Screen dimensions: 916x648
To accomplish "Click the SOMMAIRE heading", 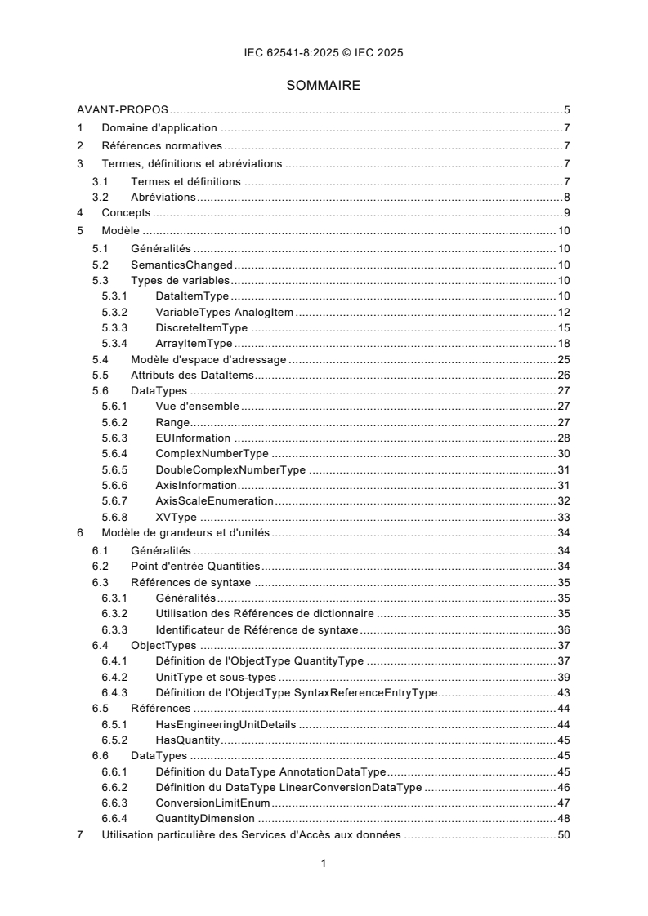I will [x=324, y=85].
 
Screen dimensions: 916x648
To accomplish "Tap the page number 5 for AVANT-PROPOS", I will [x=566, y=110].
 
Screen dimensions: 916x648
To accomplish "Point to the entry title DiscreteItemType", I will [x=201, y=327].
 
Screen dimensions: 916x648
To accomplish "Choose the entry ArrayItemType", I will [x=194, y=344].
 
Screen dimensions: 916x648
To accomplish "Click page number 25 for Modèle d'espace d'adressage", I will [x=563, y=359].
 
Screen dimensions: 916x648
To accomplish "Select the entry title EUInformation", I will [x=193, y=438].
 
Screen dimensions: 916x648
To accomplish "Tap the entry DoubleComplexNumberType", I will [x=230, y=469].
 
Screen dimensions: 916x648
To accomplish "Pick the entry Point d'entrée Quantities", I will [x=195, y=566].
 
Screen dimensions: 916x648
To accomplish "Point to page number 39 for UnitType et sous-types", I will [x=563, y=677].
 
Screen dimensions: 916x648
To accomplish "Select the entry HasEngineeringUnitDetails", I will [x=226, y=724].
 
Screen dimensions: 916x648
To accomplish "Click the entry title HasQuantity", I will [x=189, y=740].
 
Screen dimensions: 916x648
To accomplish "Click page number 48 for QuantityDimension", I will [x=563, y=818].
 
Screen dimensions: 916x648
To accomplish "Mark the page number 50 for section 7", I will [x=563, y=834].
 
